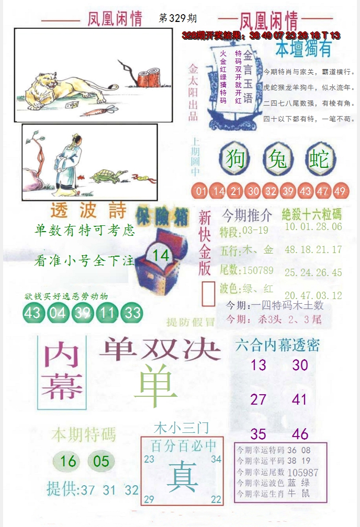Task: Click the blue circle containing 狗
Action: [235, 159]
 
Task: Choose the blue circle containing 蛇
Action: [319, 159]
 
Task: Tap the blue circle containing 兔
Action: [278, 159]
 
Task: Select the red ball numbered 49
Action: [340, 191]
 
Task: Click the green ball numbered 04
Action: [58, 313]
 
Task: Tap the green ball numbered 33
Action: [133, 313]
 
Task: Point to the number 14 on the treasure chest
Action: [162, 256]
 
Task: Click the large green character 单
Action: [155, 386]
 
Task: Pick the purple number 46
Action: [300, 434]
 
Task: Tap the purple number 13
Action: [258, 365]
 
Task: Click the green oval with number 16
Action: [68, 461]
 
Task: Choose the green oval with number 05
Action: [102, 461]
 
